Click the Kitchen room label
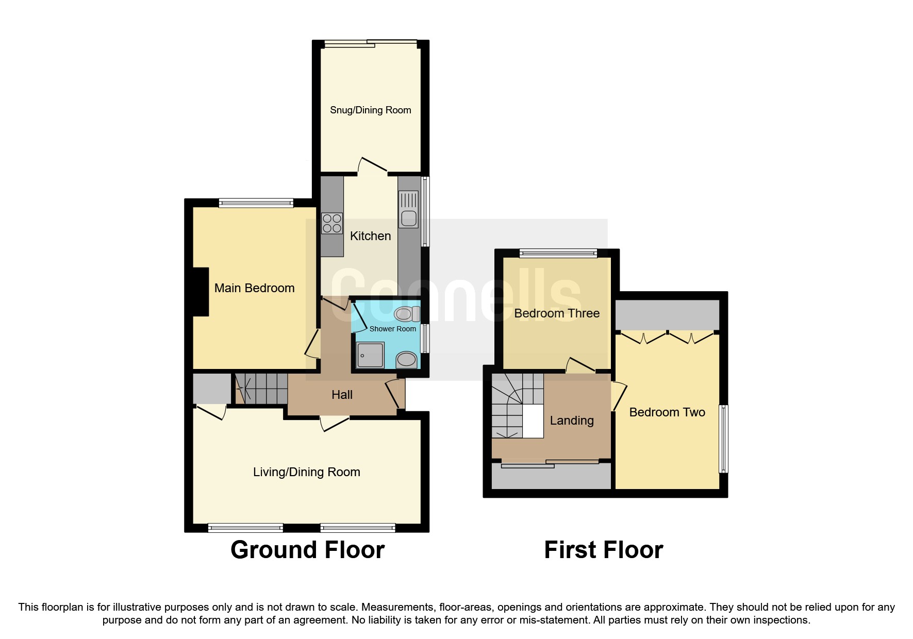370,236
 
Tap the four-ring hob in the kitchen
331,223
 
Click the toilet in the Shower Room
407,313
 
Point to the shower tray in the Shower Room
370,355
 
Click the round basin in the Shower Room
407,360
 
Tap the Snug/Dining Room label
370,110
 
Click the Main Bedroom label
254,288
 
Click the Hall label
342,395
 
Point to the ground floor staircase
261,389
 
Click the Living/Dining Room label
306,472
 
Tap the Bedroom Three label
557,313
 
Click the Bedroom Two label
667,412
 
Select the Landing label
572,421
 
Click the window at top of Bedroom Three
558,253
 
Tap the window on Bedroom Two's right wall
724,439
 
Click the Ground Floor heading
307,550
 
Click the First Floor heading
603,550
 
